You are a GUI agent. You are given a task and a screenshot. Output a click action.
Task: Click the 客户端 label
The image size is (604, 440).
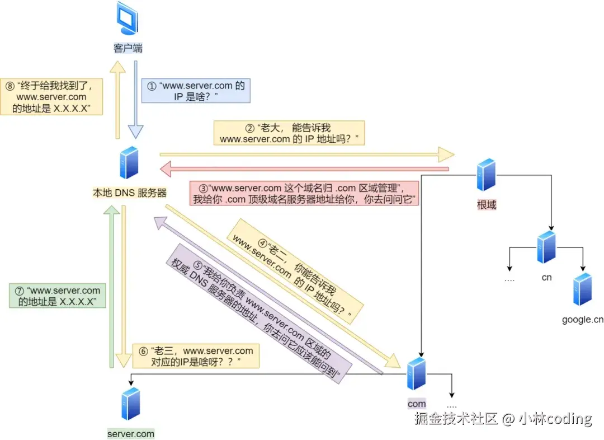point(128,48)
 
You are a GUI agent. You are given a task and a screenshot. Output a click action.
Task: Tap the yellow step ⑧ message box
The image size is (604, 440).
point(51,96)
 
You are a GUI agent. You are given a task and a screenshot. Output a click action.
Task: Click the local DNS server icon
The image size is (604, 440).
point(129,162)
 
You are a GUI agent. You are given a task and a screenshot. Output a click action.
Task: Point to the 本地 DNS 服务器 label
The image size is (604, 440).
point(129,193)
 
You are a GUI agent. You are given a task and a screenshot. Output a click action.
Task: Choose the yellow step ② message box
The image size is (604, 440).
point(289,133)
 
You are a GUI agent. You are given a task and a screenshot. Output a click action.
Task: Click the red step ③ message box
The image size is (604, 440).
point(304,193)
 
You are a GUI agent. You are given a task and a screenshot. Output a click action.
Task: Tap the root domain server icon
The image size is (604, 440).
point(486,175)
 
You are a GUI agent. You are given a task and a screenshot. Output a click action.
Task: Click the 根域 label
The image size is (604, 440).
point(486,205)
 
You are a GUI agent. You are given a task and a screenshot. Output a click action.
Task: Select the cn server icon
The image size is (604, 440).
point(546,246)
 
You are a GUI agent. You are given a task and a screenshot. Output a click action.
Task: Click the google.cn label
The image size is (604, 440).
point(582,320)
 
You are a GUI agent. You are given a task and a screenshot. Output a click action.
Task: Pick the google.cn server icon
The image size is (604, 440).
point(582,289)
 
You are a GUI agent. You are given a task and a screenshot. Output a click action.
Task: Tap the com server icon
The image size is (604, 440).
point(416,373)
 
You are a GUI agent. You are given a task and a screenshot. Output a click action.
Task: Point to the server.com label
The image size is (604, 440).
point(130,433)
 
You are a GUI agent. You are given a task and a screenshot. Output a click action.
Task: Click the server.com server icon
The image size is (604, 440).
point(130,403)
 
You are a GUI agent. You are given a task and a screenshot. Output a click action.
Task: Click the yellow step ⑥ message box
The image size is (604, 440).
point(196,356)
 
